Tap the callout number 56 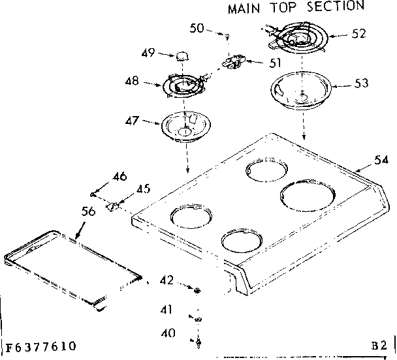[x=88, y=211]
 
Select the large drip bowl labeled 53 [x=300, y=91]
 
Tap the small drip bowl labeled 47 [x=183, y=125]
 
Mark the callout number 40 [x=168, y=332]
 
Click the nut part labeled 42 [x=197, y=288]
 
